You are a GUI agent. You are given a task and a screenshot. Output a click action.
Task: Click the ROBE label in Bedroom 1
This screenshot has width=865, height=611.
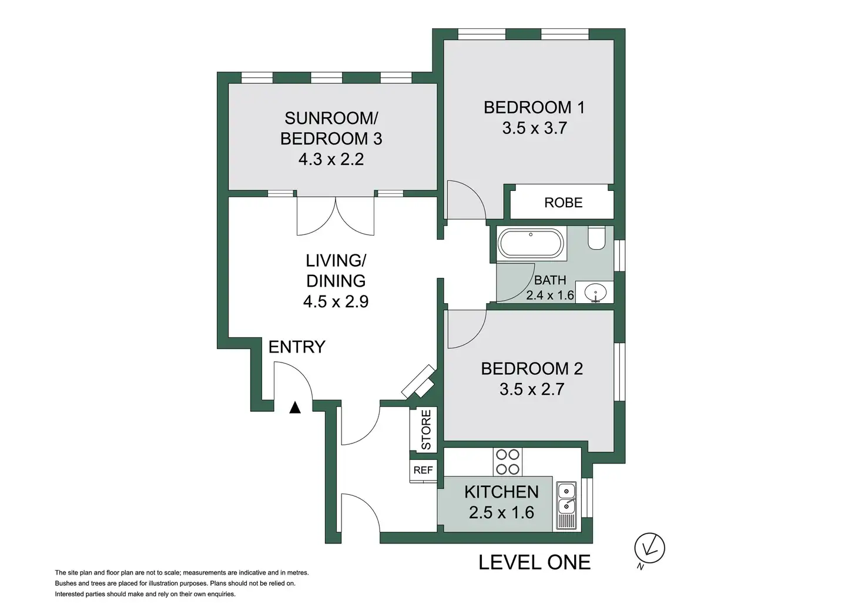563,203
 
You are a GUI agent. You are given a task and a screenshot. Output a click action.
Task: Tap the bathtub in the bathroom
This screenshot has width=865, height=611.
531,244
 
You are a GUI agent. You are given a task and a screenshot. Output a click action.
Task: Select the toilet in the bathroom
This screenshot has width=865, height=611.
596,238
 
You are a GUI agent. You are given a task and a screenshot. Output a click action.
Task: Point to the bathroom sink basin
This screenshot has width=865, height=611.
595,293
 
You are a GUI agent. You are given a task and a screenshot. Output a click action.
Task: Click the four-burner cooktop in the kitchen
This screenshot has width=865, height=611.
507,462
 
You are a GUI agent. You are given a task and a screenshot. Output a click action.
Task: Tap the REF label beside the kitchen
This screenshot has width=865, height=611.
423,470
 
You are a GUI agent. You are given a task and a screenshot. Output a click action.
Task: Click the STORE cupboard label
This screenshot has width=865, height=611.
425,429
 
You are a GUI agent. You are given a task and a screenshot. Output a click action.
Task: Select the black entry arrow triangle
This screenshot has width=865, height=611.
295,408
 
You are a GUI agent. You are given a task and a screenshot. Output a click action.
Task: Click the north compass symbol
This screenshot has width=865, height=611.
649,549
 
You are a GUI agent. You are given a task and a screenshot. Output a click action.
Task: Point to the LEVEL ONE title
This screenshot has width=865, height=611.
534,562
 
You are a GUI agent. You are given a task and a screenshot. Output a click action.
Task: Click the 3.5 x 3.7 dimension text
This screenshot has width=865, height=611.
534,128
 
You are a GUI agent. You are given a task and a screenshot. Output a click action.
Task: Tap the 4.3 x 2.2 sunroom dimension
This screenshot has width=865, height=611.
331,159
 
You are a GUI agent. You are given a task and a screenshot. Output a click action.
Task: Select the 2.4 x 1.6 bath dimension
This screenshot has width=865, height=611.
550,296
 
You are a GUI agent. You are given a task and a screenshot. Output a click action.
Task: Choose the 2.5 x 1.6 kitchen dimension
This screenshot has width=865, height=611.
501,512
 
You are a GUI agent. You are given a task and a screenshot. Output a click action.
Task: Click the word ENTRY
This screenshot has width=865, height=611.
297,347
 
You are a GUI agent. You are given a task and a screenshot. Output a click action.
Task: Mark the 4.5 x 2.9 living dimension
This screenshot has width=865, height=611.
336,301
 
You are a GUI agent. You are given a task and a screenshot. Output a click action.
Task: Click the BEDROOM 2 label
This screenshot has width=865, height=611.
532,368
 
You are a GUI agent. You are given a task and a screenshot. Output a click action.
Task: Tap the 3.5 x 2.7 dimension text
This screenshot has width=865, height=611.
532,390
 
